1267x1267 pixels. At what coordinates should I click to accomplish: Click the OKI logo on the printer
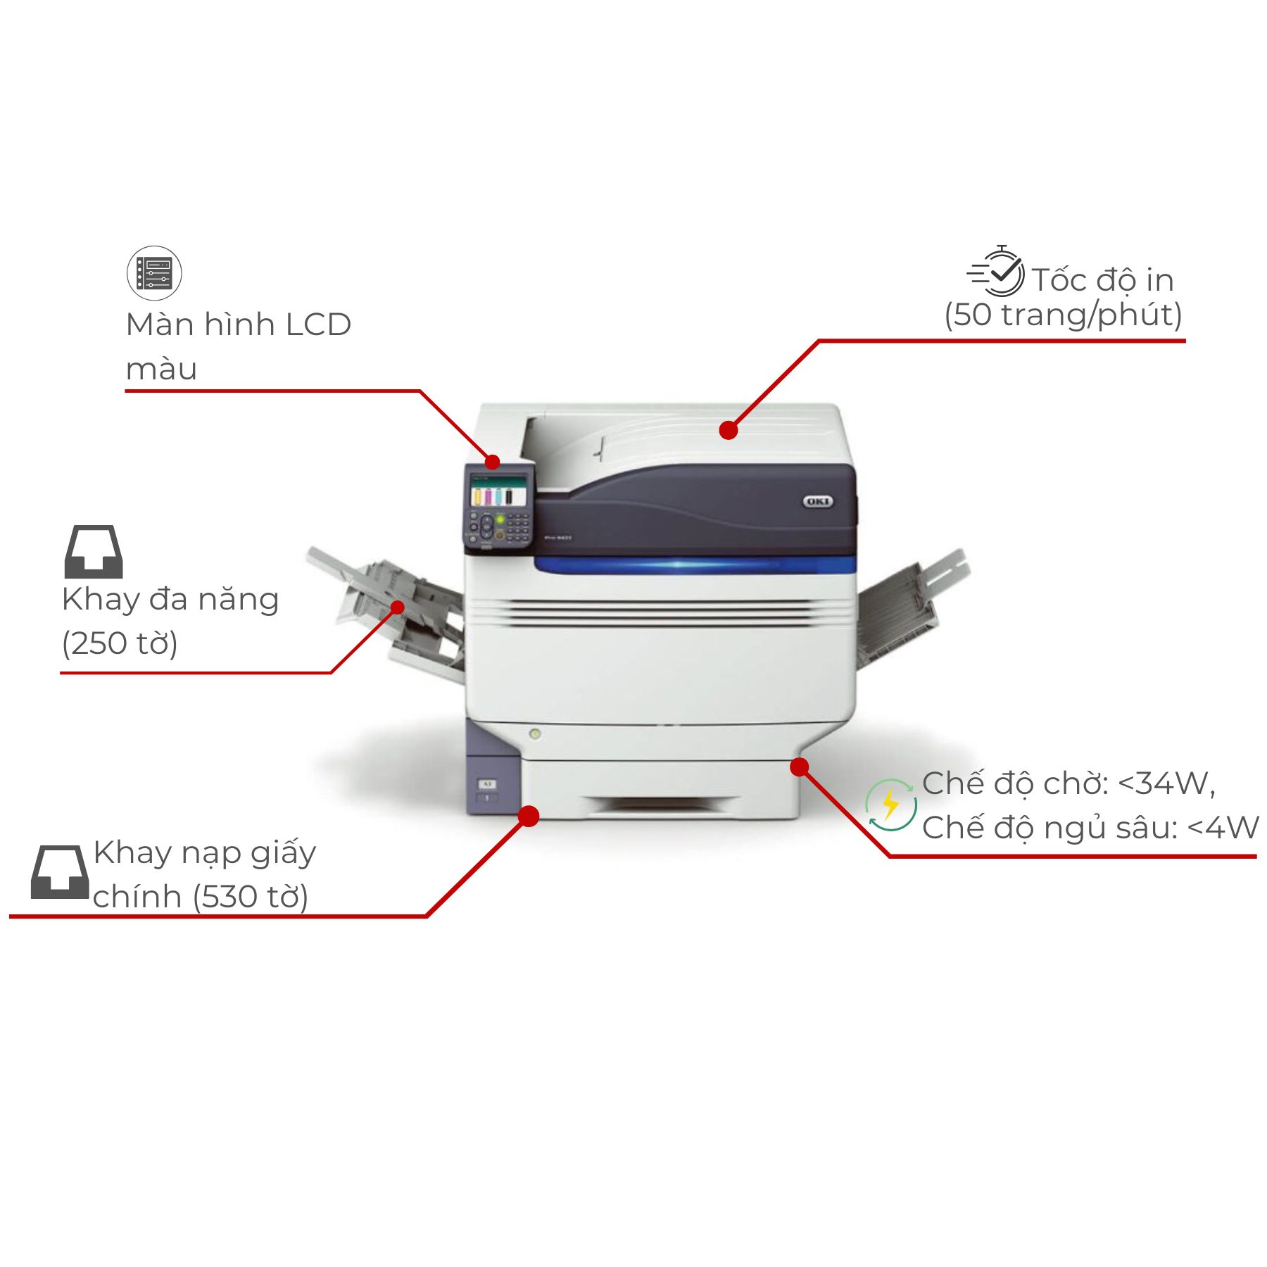pos(818,501)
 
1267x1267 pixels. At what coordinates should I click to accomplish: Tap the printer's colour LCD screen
pos(498,490)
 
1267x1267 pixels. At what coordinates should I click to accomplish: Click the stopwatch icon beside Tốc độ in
pos(996,271)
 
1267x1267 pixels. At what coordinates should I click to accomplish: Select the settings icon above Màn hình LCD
pos(154,273)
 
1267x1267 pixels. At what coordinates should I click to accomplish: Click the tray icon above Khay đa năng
pos(94,551)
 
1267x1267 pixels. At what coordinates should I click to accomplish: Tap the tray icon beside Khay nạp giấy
pos(60,871)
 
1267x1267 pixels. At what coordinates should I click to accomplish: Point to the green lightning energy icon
pos(891,805)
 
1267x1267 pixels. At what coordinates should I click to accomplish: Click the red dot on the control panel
pos(493,462)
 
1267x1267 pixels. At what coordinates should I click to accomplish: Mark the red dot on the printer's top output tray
pos(729,430)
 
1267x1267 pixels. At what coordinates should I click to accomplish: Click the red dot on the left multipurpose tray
pos(398,607)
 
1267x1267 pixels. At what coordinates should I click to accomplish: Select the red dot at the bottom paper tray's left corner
pos(529,816)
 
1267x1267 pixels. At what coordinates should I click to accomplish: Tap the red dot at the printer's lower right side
pos(800,767)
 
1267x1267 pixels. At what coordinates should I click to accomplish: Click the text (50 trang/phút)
pos(1063,315)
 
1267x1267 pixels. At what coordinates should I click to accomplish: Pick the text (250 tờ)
pos(120,643)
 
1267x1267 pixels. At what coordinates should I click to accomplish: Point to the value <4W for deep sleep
pos(1223,828)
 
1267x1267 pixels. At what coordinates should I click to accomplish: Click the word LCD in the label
pos(318,324)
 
